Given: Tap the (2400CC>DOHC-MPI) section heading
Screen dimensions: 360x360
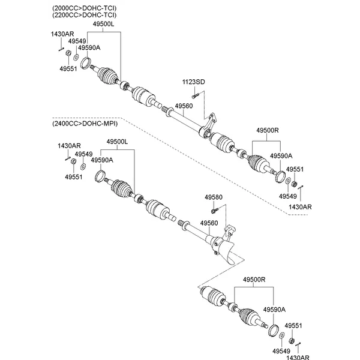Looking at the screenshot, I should [x=84, y=124].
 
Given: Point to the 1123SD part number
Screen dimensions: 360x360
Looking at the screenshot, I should [x=194, y=82].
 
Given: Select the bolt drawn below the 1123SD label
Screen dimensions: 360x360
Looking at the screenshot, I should [x=194, y=94].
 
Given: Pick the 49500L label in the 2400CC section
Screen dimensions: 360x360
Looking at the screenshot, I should [x=118, y=142].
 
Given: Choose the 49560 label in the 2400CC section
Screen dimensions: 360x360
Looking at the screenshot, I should [x=209, y=223].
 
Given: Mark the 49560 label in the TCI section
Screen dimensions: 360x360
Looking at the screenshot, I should [x=184, y=106].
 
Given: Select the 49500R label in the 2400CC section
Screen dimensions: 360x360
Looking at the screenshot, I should [x=254, y=280].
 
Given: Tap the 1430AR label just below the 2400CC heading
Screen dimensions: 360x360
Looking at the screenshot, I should [x=69, y=146].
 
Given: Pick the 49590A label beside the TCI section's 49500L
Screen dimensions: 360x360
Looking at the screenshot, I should [x=89, y=47].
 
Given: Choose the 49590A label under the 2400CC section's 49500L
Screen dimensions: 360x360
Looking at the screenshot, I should [x=102, y=160].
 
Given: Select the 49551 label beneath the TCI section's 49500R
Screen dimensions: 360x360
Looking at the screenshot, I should [x=295, y=169].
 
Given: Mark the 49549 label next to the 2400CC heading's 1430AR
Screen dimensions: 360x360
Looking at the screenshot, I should [x=83, y=154].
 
